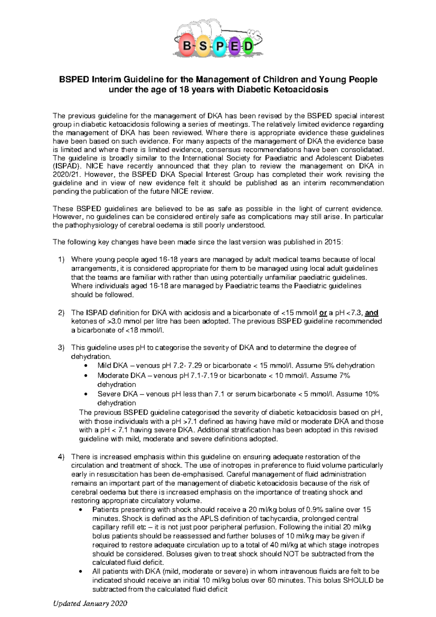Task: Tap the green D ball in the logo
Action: tap(248, 47)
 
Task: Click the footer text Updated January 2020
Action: tap(90, 604)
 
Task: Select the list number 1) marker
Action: tap(61, 259)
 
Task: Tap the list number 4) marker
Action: tap(61, 457)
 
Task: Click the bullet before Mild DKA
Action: tap(85, 366)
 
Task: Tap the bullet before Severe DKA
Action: tap(85, 394)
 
